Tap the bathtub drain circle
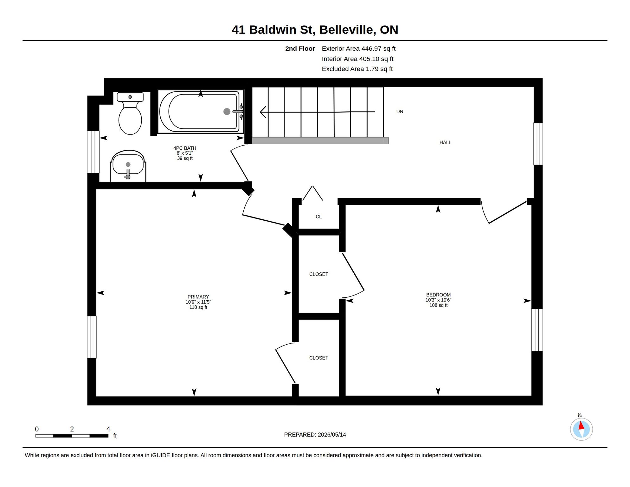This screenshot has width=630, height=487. click(227, 111)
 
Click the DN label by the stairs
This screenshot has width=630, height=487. click(400, 112)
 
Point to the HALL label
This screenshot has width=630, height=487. click(445, 142)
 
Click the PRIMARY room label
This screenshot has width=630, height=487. click(198, 297)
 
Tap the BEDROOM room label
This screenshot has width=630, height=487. click(438, 295)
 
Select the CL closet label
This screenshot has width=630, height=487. click(318, 217)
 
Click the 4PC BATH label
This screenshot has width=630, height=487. click(185, 148)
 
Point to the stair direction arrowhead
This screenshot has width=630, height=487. click(263, 112)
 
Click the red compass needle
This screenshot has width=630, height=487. click(581, 425)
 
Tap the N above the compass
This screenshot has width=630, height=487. click(580, 415)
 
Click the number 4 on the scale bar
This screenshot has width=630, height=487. click(108, 429)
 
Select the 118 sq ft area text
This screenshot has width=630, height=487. click(198, 307)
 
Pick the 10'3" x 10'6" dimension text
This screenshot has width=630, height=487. click(438, 300)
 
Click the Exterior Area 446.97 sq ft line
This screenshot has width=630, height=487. click(359, 49)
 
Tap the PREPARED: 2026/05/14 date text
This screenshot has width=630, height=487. click(315, 435)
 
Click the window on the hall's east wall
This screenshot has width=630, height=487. click(538, 144)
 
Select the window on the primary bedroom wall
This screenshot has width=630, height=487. click(92, 337)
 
